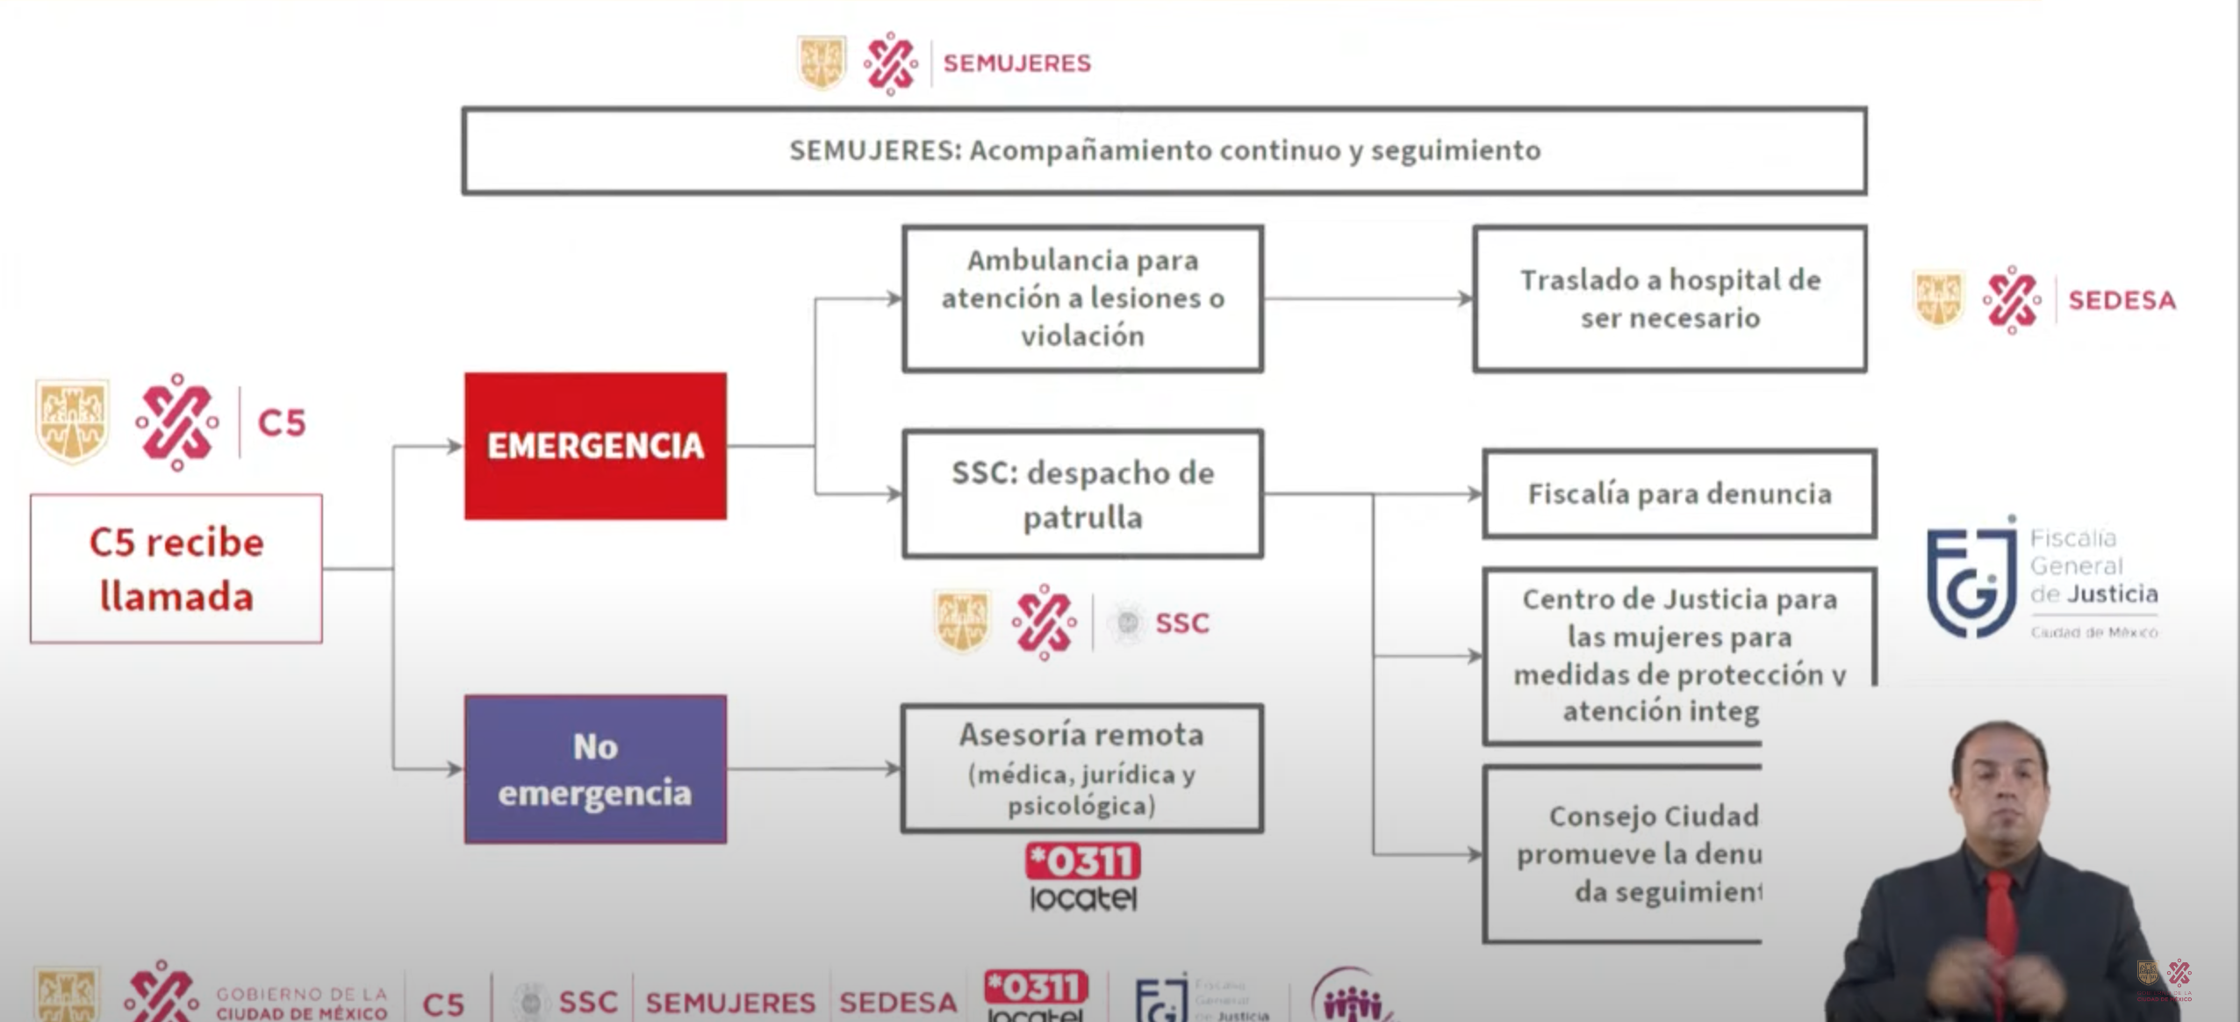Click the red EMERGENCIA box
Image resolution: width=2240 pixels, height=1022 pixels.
(595, 446)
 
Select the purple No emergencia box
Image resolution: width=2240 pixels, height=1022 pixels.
(595, 769)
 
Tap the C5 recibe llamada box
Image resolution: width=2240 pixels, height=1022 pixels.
(176, 569)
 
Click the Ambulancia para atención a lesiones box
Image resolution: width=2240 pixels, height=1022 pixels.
(1082, 299)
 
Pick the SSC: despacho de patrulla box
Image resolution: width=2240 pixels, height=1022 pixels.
(1082, 493)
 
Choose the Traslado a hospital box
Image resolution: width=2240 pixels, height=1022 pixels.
(1669, 299)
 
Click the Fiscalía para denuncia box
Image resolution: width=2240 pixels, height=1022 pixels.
(1679, 493)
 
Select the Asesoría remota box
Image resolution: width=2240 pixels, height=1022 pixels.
(1082, 768)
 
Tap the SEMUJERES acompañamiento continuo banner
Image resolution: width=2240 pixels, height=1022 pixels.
(1164, 150)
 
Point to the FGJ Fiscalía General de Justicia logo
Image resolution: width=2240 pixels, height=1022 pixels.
(2041, 579)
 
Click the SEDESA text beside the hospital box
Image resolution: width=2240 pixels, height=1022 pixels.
(2122, 300)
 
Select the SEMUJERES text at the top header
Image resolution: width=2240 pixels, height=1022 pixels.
(1016, 63)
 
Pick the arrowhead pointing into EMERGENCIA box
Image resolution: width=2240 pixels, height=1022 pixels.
(455, 446)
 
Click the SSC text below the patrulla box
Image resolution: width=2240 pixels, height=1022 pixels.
(1181, 623)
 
